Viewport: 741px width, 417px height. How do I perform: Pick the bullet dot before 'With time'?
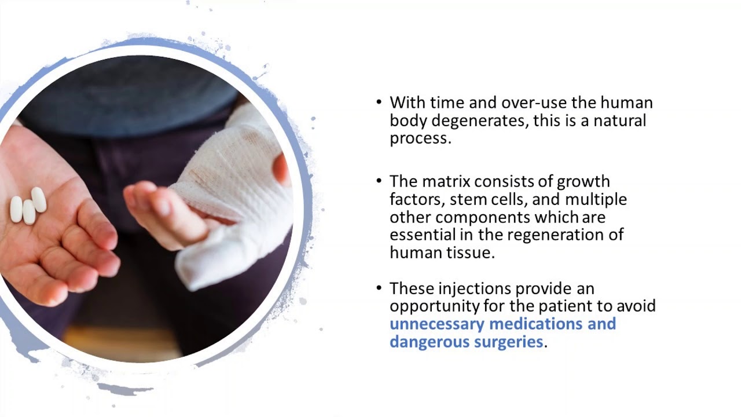(379, 103)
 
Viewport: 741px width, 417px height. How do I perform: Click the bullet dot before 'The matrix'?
(379, 181)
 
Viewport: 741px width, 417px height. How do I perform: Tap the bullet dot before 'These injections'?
(379, 288)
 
